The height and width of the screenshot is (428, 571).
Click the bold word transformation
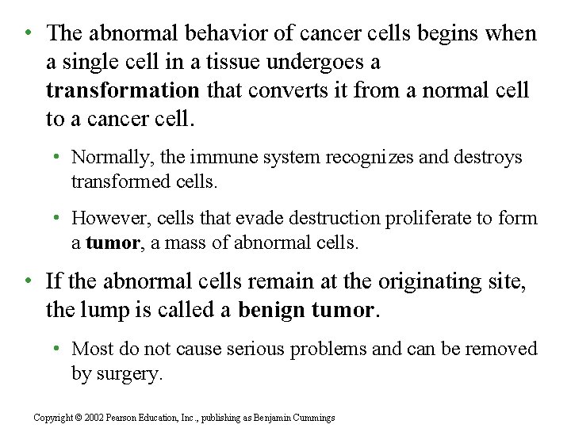coord(122,91)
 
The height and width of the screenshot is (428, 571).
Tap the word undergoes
coord(324,62)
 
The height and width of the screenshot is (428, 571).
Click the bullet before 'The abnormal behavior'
coord(28,33)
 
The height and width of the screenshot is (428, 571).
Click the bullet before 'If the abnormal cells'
coord(28,281)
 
